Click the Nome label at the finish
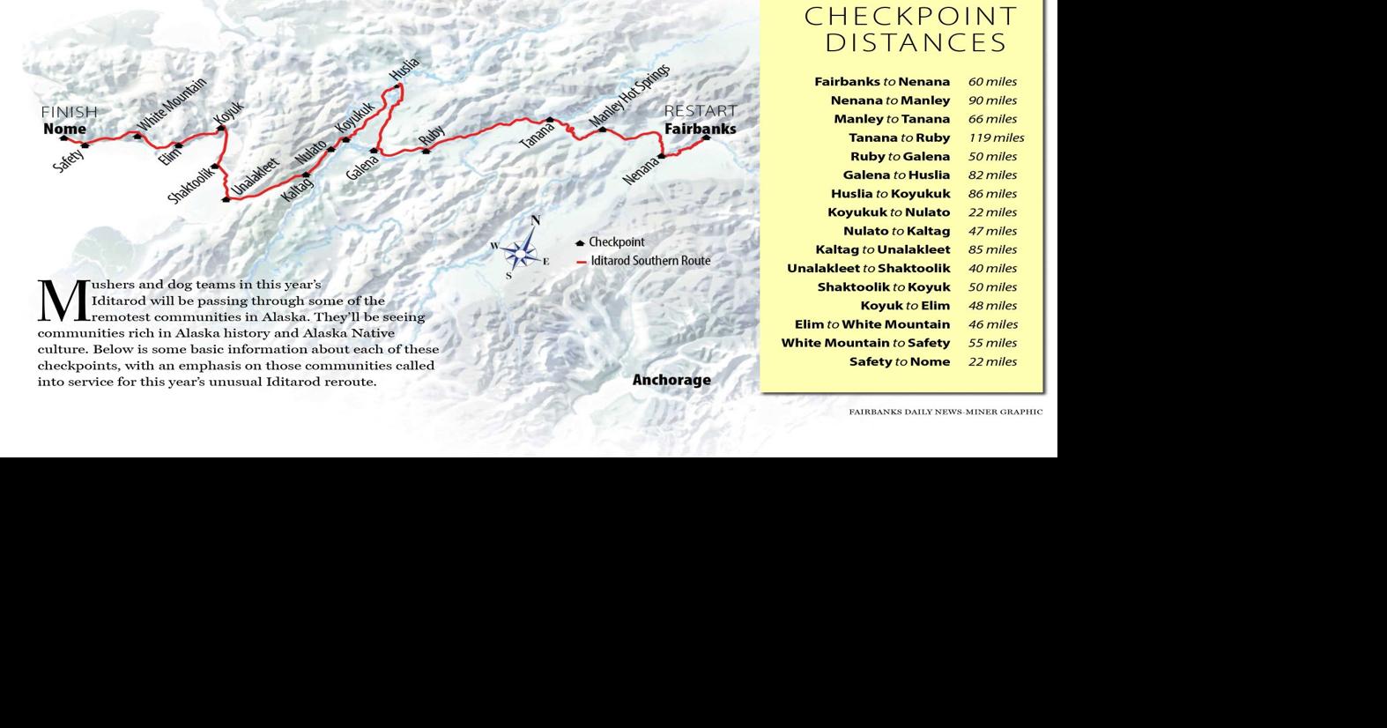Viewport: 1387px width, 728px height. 64,129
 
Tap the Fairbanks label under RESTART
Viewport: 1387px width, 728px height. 700,129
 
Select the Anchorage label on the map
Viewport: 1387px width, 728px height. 671,380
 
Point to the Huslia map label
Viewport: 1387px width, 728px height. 404,69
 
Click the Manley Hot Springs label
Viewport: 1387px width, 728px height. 629,94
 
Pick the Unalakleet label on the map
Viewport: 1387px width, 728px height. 256,175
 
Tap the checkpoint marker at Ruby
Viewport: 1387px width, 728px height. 426,152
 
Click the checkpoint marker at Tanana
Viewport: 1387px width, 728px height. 550,120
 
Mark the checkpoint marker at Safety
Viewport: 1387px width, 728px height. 85,145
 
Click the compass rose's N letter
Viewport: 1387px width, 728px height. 535,220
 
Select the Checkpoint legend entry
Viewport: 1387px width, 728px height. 616,242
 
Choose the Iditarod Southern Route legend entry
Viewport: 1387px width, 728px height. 650,261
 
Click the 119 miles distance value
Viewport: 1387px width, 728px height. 996,137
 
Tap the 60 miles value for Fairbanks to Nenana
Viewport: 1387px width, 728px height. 992,82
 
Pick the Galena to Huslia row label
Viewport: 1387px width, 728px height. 896,175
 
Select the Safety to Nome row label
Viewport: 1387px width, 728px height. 900,361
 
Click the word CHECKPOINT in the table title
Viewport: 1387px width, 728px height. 911,16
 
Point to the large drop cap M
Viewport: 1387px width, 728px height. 63,301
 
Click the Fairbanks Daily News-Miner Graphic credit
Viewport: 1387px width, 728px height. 946,412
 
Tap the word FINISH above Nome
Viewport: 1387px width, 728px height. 70,112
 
